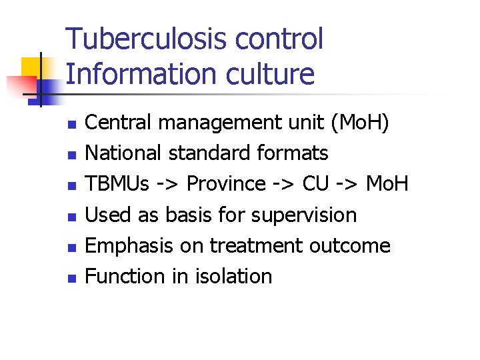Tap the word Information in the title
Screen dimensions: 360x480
(x=134, y=73)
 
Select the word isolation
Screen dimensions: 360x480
(x=233, y=276)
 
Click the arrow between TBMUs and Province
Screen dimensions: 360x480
(x=169, y=185)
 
